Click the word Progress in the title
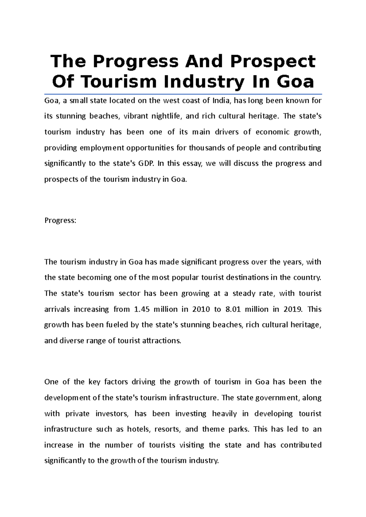(x=135, y=62)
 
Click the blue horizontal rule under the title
(x=183, y=94)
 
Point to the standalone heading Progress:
(x=60, y=220)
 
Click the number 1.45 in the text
(x=142, y=309)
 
